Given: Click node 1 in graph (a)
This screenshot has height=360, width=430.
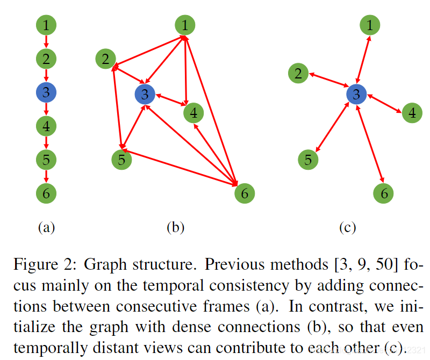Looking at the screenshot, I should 46,25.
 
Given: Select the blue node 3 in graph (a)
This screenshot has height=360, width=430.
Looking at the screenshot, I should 46,92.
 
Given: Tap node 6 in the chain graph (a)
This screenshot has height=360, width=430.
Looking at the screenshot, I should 46,193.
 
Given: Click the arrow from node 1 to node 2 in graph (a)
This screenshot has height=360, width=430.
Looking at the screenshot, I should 46,41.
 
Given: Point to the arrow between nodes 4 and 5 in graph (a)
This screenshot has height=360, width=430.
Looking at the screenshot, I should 46,142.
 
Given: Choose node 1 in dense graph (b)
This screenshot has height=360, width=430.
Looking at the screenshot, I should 185,25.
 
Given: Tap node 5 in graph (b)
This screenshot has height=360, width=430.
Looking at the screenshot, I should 121,159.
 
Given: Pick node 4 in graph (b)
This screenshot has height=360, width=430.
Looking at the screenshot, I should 193,113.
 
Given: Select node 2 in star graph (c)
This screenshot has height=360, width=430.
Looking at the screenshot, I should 298,74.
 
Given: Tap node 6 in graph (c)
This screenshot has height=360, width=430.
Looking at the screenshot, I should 384,193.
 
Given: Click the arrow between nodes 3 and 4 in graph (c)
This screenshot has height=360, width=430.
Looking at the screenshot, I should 383,104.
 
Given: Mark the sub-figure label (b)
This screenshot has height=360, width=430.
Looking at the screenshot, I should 175,227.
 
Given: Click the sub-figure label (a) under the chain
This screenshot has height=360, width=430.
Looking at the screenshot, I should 46,227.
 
